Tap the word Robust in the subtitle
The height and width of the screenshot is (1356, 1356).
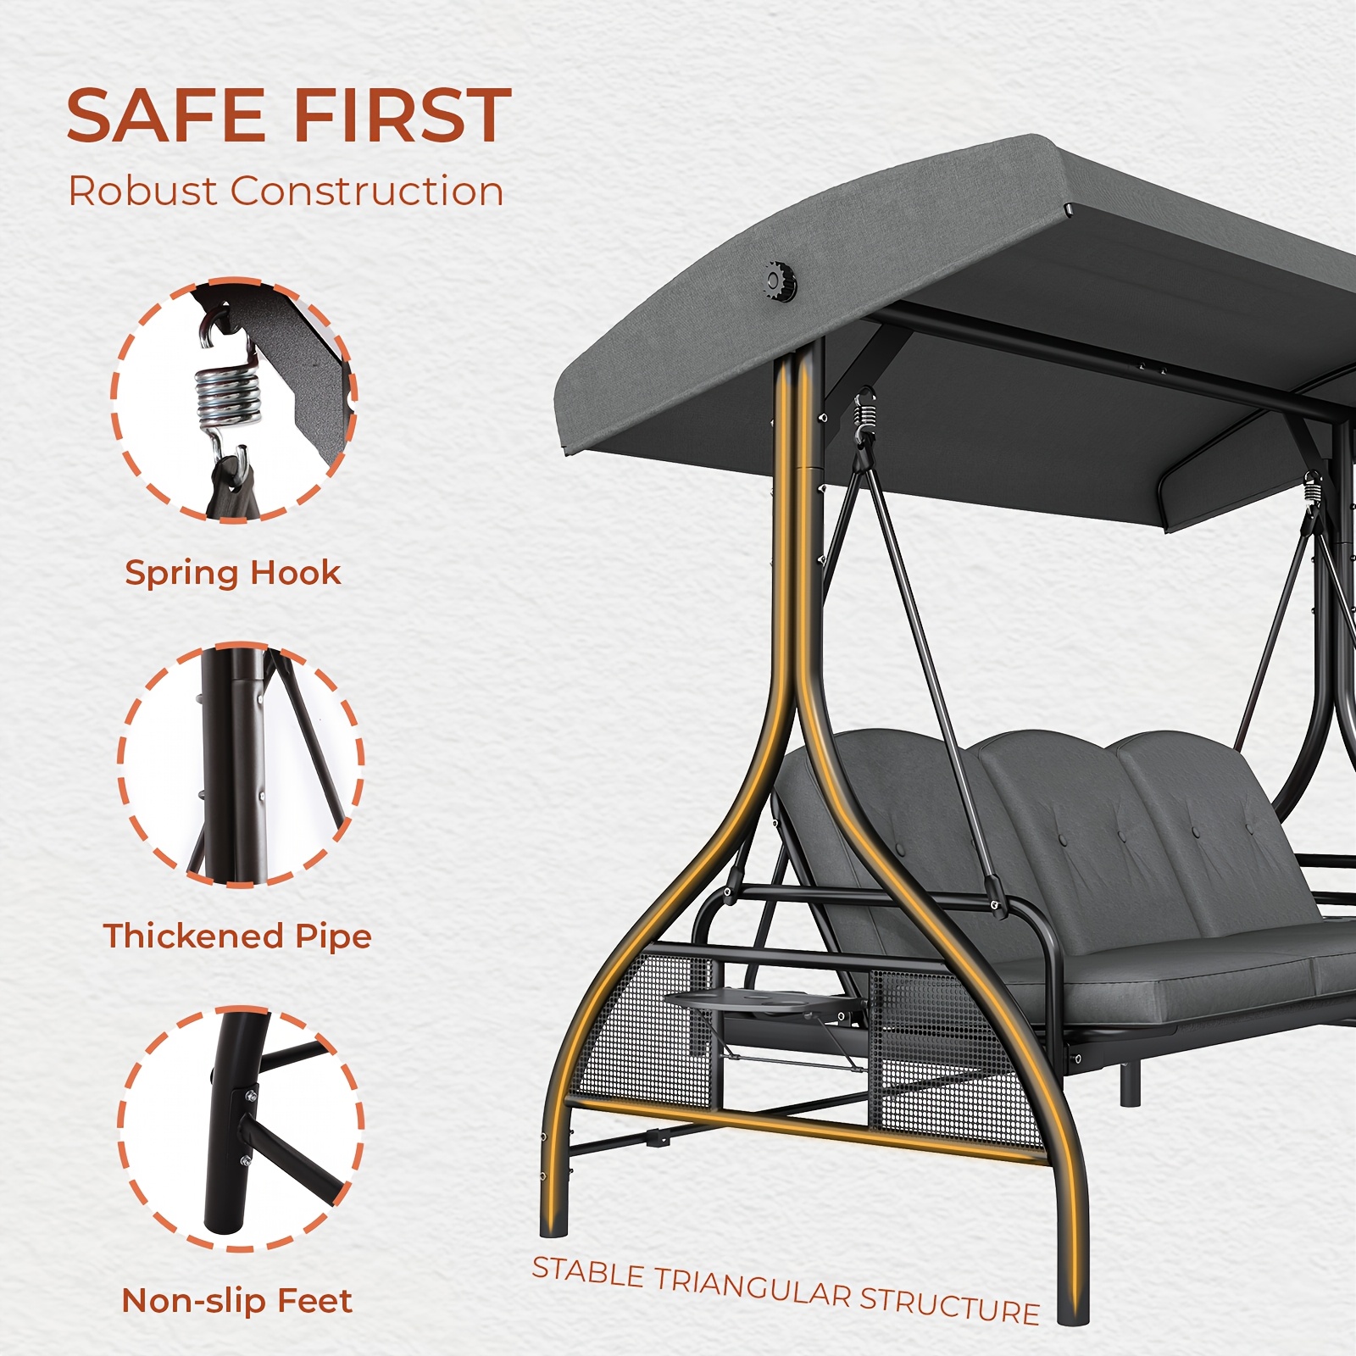point(142,191)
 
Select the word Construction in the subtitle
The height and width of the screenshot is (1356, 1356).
point(367,191)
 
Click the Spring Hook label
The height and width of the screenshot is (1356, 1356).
point(233,574)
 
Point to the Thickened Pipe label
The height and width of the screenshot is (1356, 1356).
point(237,936)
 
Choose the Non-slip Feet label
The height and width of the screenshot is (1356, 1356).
point(236,1301)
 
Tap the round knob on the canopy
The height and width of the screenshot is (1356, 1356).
point(779,280)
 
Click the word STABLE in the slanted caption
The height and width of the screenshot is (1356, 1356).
point(588,1271)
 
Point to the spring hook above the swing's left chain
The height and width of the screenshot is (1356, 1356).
point(864,415)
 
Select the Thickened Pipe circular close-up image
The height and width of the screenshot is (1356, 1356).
point(241,764)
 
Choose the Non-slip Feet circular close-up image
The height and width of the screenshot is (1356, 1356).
point(241,1129)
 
